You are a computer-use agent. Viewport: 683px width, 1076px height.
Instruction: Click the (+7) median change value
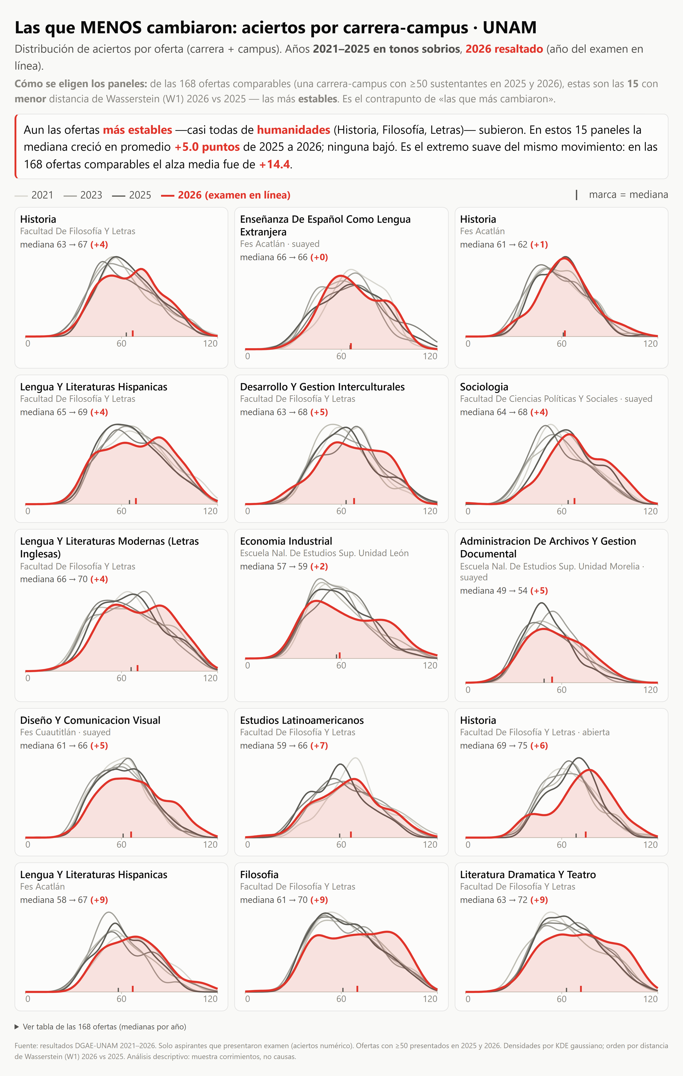[x=319, y=745]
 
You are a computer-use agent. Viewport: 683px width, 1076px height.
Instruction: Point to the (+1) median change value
[x=539, y=244]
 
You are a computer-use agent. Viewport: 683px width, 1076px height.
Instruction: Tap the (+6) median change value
[x=539, y=745]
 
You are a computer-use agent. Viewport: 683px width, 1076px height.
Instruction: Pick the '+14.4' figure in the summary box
[x=274, y=164]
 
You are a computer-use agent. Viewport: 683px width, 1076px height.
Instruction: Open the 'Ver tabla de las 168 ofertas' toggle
[x=101, y=1026]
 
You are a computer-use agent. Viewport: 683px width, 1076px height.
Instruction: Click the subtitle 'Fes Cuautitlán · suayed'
[x=65, y=732]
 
